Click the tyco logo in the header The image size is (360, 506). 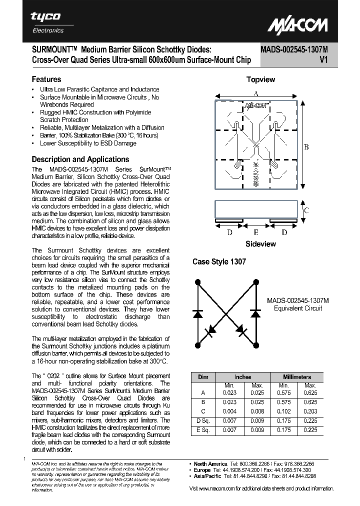tap(46, 16)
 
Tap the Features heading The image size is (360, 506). tap(46, 79)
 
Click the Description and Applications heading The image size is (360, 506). tap(80, 159)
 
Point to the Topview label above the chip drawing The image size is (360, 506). tap(260, 79)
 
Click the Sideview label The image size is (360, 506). tap(260, 244)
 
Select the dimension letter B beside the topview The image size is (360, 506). tap(306, 146)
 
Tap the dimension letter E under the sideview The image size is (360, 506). tap(256, 232)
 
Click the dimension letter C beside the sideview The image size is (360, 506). tap(306, 210)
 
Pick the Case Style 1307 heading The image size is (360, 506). tap(219, 262)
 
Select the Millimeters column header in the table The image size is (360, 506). tap(297, 376)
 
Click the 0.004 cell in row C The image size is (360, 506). tap(229, 411)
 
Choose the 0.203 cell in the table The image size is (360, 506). tap(310, 411)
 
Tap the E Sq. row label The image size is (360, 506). tap(203, 429)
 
